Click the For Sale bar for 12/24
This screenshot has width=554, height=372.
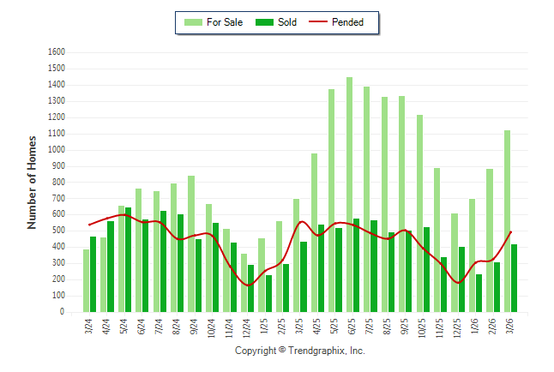pos(244,283)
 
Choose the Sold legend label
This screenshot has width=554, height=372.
pos(287,22)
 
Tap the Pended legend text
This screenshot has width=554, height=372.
pos(347,22)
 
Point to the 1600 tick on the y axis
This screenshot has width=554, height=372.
pos(57,52)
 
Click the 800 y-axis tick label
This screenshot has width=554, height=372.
pos(60,183)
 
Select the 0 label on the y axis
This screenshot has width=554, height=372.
pos(63,312)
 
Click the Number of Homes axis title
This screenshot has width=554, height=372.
pos(33,182)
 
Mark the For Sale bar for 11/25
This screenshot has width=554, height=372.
pos(437,240)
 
